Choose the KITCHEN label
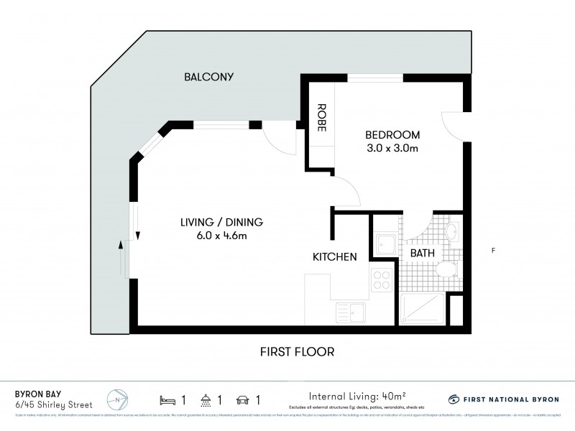[334, 256]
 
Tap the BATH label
[421, 254]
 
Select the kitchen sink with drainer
[350, 312]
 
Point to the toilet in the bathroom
[446, 269]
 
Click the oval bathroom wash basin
[453, 232]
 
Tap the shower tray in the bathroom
[422, 310]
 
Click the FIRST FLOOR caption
[298, 352]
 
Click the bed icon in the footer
[167, 399]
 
